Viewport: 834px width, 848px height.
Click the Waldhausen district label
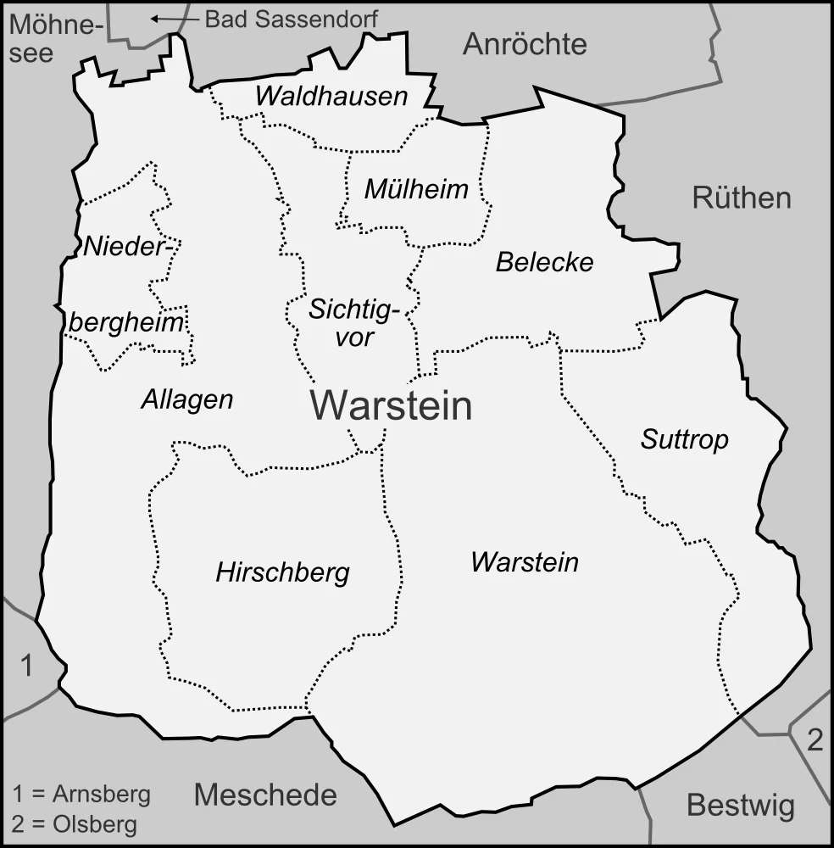331,97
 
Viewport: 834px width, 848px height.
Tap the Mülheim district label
415,189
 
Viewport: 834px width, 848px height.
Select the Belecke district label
544,263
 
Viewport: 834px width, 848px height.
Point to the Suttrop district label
684,439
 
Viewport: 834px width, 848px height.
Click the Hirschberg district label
282,573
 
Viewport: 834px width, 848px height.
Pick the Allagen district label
186,399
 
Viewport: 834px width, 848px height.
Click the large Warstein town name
390,406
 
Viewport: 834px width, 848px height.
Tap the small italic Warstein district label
525,561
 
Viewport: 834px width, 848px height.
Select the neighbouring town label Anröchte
524,45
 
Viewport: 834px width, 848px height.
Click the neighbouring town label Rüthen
741,198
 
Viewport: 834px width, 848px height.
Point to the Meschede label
265,795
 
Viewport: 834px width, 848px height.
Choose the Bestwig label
740,805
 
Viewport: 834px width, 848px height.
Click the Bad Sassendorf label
291,18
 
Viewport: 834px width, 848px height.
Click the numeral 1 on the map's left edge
26,667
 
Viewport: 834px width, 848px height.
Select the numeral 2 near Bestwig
814,741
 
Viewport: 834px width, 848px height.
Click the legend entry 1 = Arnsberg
81,795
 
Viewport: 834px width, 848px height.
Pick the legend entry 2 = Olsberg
75,823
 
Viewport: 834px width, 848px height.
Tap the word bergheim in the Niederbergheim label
126,323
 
